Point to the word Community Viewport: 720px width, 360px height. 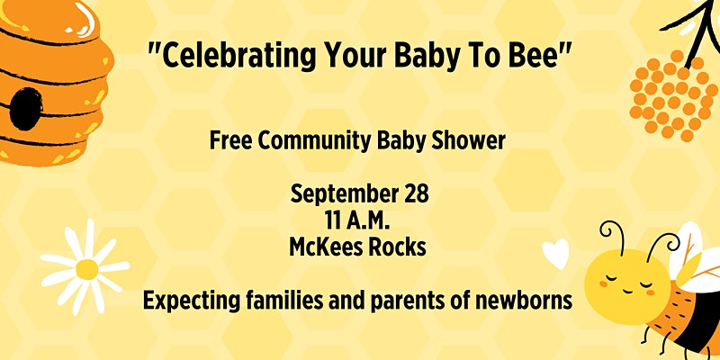click(314, 142)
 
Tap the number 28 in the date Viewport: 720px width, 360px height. click(413, 194)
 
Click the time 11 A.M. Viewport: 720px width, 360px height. click(357, 221)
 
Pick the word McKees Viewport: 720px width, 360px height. click(322, 248)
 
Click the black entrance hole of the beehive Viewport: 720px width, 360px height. click(26, 109)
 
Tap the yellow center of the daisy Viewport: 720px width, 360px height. click(86, 269)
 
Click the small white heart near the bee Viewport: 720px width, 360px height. click(555, 254)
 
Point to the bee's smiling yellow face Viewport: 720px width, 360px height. click(627, 280)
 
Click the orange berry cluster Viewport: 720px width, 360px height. click(673, 95)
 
